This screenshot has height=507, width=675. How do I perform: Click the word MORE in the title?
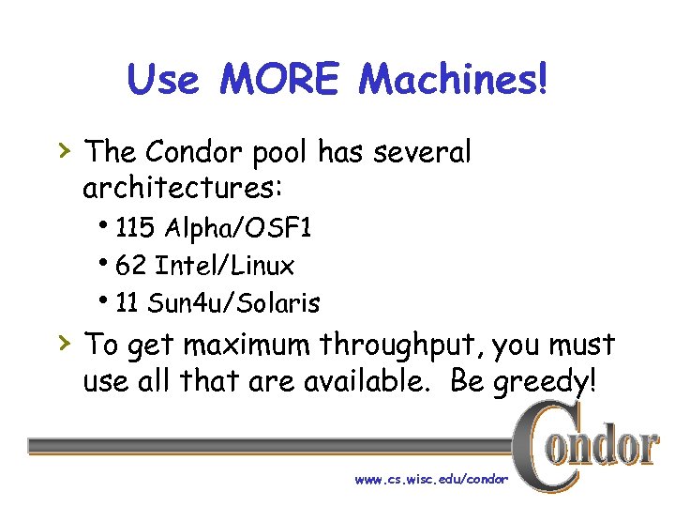(x=279, y=80)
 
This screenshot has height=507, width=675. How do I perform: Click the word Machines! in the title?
(x=451, y=80)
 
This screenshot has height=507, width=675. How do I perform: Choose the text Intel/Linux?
(x=224, y=267)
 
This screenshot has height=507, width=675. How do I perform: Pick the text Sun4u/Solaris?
(x=234, y=303)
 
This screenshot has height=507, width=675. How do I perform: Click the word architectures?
(x=182, y=188)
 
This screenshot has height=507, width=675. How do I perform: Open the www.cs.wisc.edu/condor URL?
(x=431, y=479)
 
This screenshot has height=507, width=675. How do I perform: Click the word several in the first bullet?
(x=424, y=150)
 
